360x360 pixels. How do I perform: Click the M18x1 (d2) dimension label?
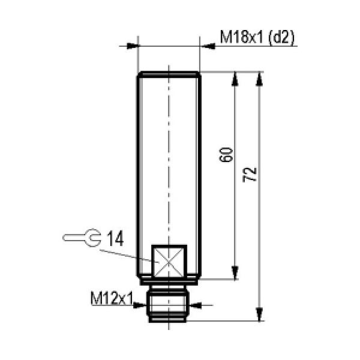257,37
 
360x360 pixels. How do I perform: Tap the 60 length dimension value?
226,155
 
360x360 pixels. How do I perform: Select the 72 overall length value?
250,175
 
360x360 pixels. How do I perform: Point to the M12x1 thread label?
112,298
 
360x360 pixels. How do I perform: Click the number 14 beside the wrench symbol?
115,238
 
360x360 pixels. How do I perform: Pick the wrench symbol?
82,238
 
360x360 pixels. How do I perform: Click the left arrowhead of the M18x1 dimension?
133,46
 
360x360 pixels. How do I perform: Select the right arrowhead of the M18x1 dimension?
208,46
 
